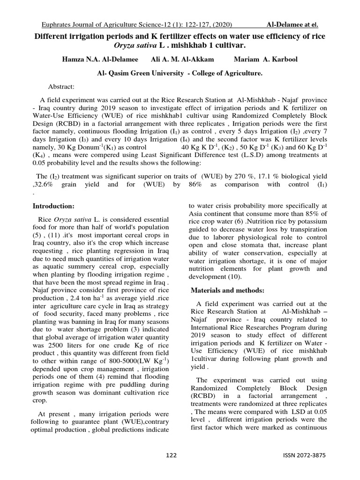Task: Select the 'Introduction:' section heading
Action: point(53,206)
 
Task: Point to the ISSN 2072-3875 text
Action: point(304,455)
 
